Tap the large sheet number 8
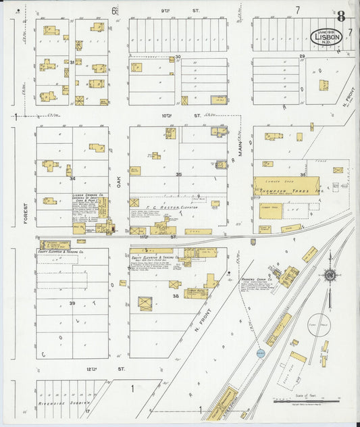click(342, 17)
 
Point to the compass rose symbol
click(329, 275)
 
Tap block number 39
click(72, 303)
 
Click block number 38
click(176, 296)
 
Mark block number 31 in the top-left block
click(72, 61)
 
